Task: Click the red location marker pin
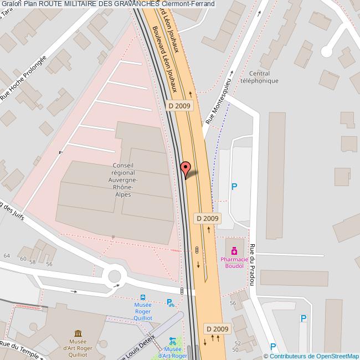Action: pyautogui.click(x=186, y=168)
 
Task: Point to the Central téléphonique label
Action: pyautogui.click(x=260, y=77)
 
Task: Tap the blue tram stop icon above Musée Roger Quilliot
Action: pyautogui.click(x=143, y=297)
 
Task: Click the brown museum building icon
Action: pyautogui.click(x=78, y=333)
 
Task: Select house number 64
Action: pyautogui.click(x=7, y=255)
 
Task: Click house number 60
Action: pyautogui.click(x=22, y=259)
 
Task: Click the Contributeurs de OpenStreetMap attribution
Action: pyautogui.click(x=314, y=356)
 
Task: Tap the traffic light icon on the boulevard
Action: pyautogui.click(x=197, y=250)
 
